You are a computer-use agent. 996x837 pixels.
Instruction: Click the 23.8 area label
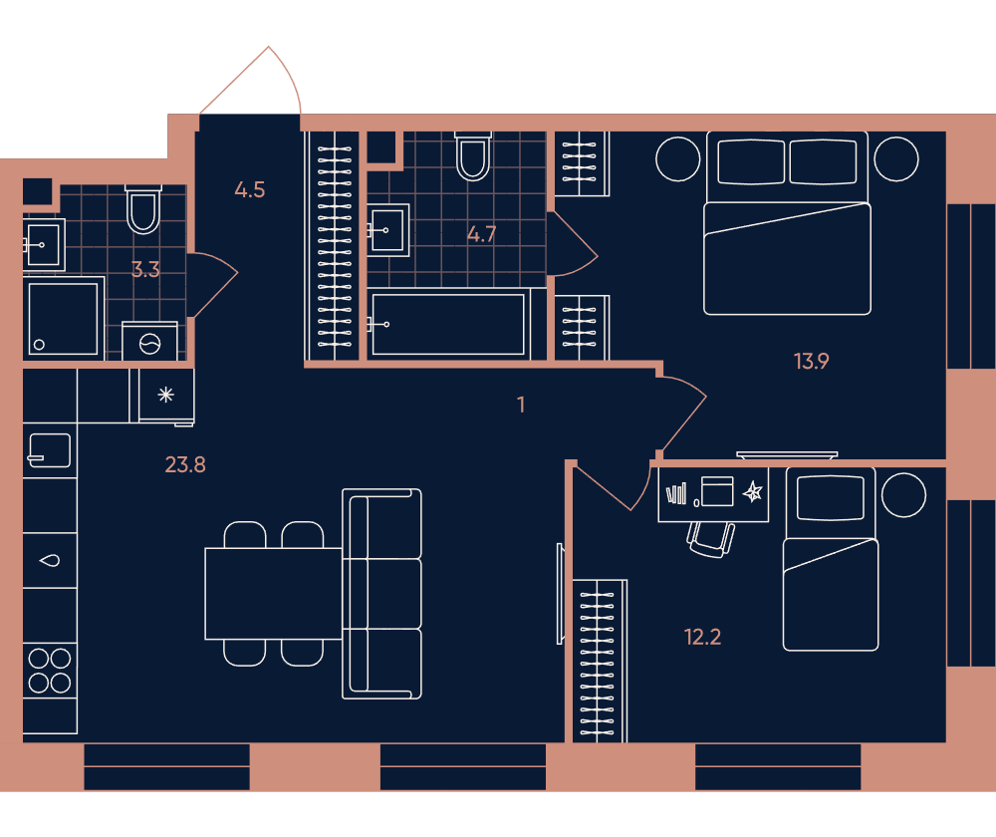click(x=185, y=465)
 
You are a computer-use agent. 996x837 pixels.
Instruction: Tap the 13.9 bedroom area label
click(x=811, y=362)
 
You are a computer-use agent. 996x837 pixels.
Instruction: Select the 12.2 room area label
click(x=702, y=637)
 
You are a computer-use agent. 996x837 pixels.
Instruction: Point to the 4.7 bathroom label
click(x=481, y=234)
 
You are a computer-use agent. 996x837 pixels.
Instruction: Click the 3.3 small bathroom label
click(x=145, y=269)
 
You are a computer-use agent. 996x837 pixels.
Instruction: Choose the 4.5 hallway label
click(x=250, y=189)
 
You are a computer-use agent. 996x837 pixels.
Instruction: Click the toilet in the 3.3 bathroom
click(x=142, y=209)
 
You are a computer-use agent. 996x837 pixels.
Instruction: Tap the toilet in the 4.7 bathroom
click(x=473, y=156)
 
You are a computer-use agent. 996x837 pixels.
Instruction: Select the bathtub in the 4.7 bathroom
click(x=448, y=324)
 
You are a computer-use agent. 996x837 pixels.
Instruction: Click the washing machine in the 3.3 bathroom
click(x=150, y=342)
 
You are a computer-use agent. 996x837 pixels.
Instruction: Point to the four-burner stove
click(x=50, y=671)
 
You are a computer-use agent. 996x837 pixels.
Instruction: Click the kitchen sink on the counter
click(x=50, y=450)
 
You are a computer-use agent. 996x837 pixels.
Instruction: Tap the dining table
click(x=274, y=594)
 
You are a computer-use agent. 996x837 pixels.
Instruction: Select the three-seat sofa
click(x=381, y=594)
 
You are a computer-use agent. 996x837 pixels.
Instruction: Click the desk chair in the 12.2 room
click(x=711, y=540)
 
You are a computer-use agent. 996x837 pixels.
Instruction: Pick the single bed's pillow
click(x=831, y=497)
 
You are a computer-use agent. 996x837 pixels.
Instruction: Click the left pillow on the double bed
click(x=751, y=161)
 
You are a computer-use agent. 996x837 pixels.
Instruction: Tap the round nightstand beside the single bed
click(x=904, y=495)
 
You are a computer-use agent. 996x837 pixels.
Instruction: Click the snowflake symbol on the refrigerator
click(x=165, y=395)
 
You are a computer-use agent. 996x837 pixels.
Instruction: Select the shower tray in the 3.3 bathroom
click(x=64, y=319)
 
